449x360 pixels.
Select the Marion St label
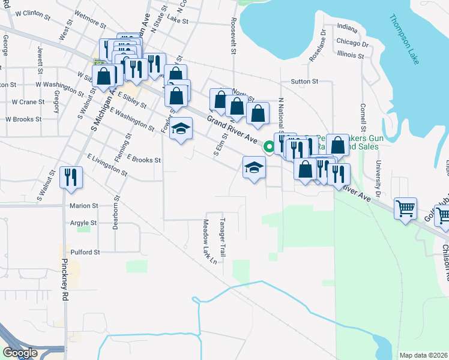point(83,205)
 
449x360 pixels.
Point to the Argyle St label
point(83,223)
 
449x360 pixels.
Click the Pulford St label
point(85,253)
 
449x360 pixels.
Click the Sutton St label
point(304,81)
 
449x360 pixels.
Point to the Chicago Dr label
point(352,43)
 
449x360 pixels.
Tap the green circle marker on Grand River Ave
point(270,145)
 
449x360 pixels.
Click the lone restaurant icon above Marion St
point(71,178)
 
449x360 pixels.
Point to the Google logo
point(21,353)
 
